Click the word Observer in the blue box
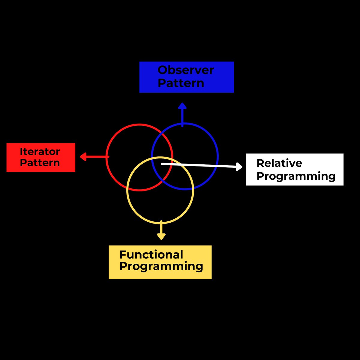click(186, 70)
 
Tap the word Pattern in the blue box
click(181, 83)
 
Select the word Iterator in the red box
click(40, 152)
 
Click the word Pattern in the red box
click(40, 163)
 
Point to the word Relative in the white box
click(279, 163)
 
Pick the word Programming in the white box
click(296, 176)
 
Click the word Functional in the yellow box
click(151, 255)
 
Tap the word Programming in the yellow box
click(161, 266)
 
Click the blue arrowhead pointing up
click(182, 106)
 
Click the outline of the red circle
click(139, 124)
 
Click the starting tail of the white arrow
click(162, 164)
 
